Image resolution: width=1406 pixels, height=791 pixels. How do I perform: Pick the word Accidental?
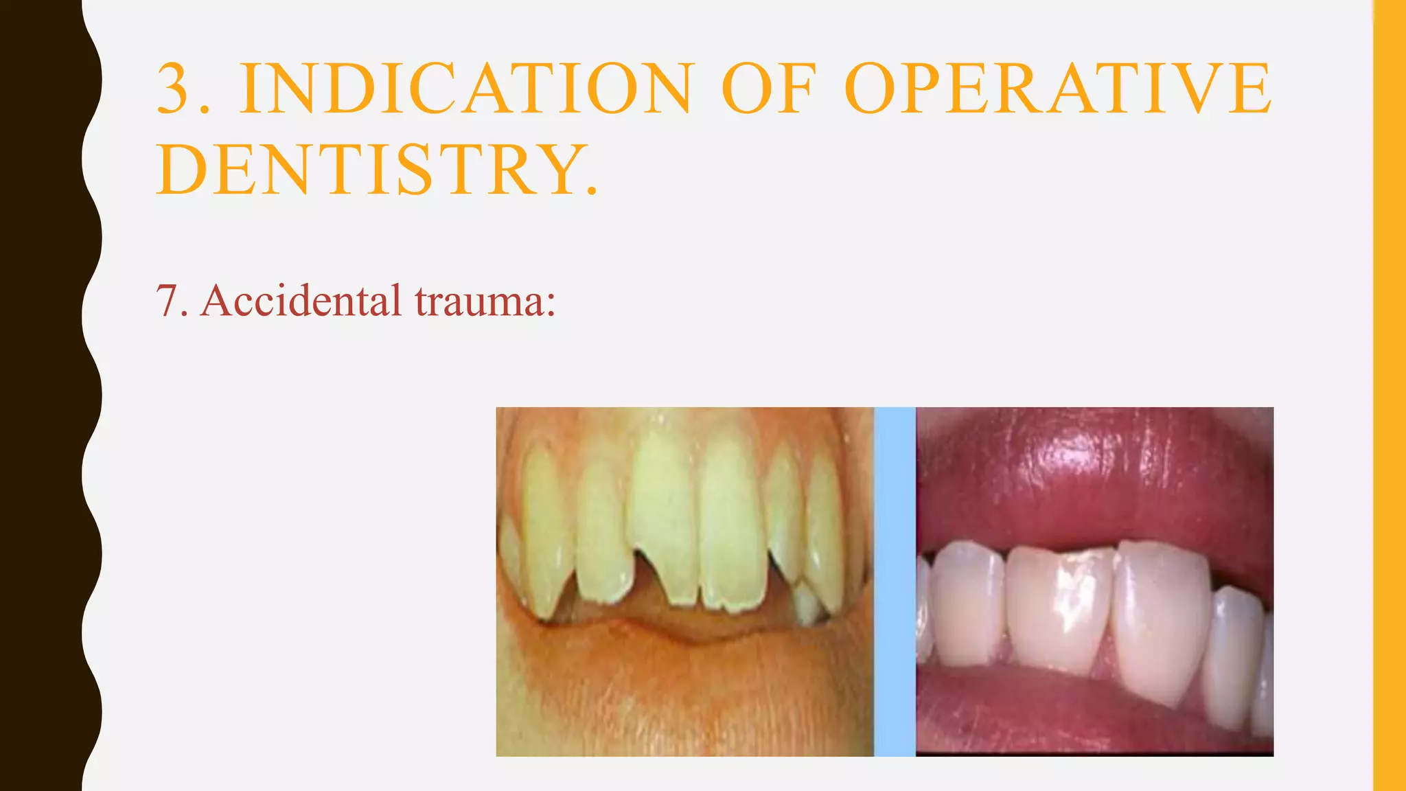(x=301, y=301)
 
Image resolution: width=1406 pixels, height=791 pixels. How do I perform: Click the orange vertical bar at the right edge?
(x=1390, y=395)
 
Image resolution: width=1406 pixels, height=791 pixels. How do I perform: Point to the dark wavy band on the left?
(x=41, y=395)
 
